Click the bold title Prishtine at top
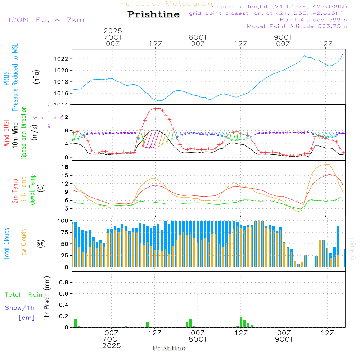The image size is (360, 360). pyautogui.click(x=153, y=14)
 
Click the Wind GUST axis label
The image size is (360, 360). pyautogui.click(x=7, y=133)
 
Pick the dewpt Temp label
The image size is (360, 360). pyautogui.click(x=32, y=190)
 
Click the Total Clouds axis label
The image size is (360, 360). pyautogui.click(x=7, y=243)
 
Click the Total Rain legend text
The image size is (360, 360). pyautogui.click(x=23, y=294)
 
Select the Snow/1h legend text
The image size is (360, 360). pyautogui.click(x=20, y=308)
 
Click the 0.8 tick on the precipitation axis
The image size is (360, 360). pyautogui.click(x=64, y=283)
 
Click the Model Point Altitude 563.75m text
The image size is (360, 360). pyautogui.click(x=297, y=26)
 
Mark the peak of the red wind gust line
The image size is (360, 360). pyautogui.click(x=156, y=108)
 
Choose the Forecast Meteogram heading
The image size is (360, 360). pyautogui.click(x=168, y=4)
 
